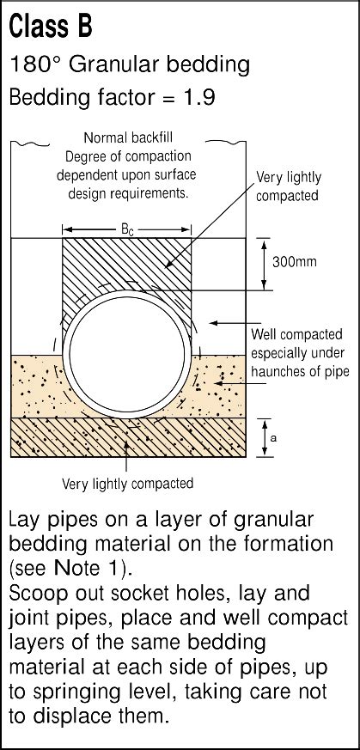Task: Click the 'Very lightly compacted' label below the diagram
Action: [x=128, y=484]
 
